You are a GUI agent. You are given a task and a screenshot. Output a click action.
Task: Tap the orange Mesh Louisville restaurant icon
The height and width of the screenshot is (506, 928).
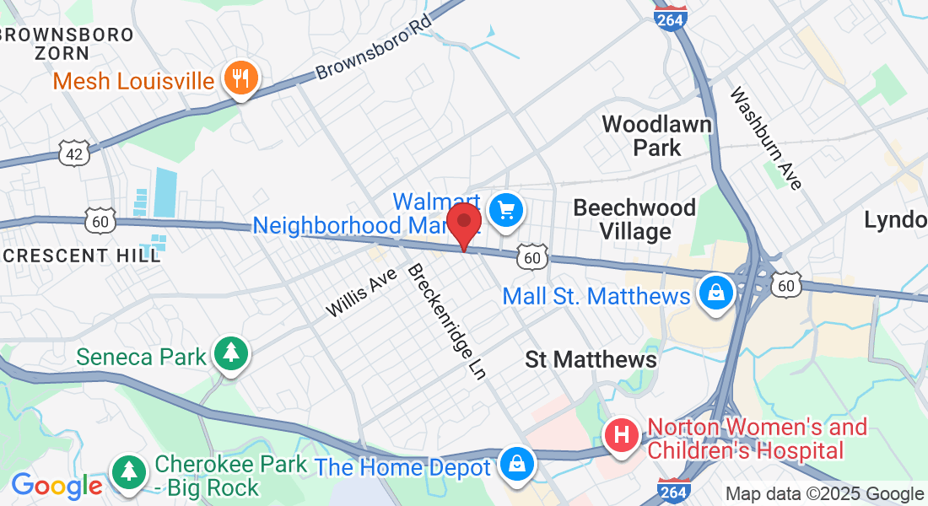coord(241,79)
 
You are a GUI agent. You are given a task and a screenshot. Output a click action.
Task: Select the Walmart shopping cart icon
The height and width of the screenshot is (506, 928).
coord(506,209)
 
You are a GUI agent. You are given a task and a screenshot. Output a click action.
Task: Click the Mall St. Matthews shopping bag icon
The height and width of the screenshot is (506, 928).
coord(715,294)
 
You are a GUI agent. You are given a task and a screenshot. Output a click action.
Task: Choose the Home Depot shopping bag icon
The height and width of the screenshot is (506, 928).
coord(514,465)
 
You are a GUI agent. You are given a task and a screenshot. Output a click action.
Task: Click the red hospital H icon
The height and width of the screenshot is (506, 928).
coord(623,435)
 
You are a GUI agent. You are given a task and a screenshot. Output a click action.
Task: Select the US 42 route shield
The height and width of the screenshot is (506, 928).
coord(73,153)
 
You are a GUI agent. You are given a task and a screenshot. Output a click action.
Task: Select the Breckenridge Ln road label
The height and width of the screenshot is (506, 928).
coord(446,321)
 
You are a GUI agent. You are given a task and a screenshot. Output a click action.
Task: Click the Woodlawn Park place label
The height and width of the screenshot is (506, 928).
coord(656,136)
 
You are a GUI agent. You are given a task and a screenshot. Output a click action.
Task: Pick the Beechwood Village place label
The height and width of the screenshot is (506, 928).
coord(634,219)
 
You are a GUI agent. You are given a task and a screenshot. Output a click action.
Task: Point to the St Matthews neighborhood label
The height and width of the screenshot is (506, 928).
coord(591,359)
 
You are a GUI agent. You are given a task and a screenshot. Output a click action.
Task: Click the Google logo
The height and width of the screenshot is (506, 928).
coord(57,486)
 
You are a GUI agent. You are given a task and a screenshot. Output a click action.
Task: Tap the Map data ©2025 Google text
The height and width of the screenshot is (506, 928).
coord(824,494)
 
